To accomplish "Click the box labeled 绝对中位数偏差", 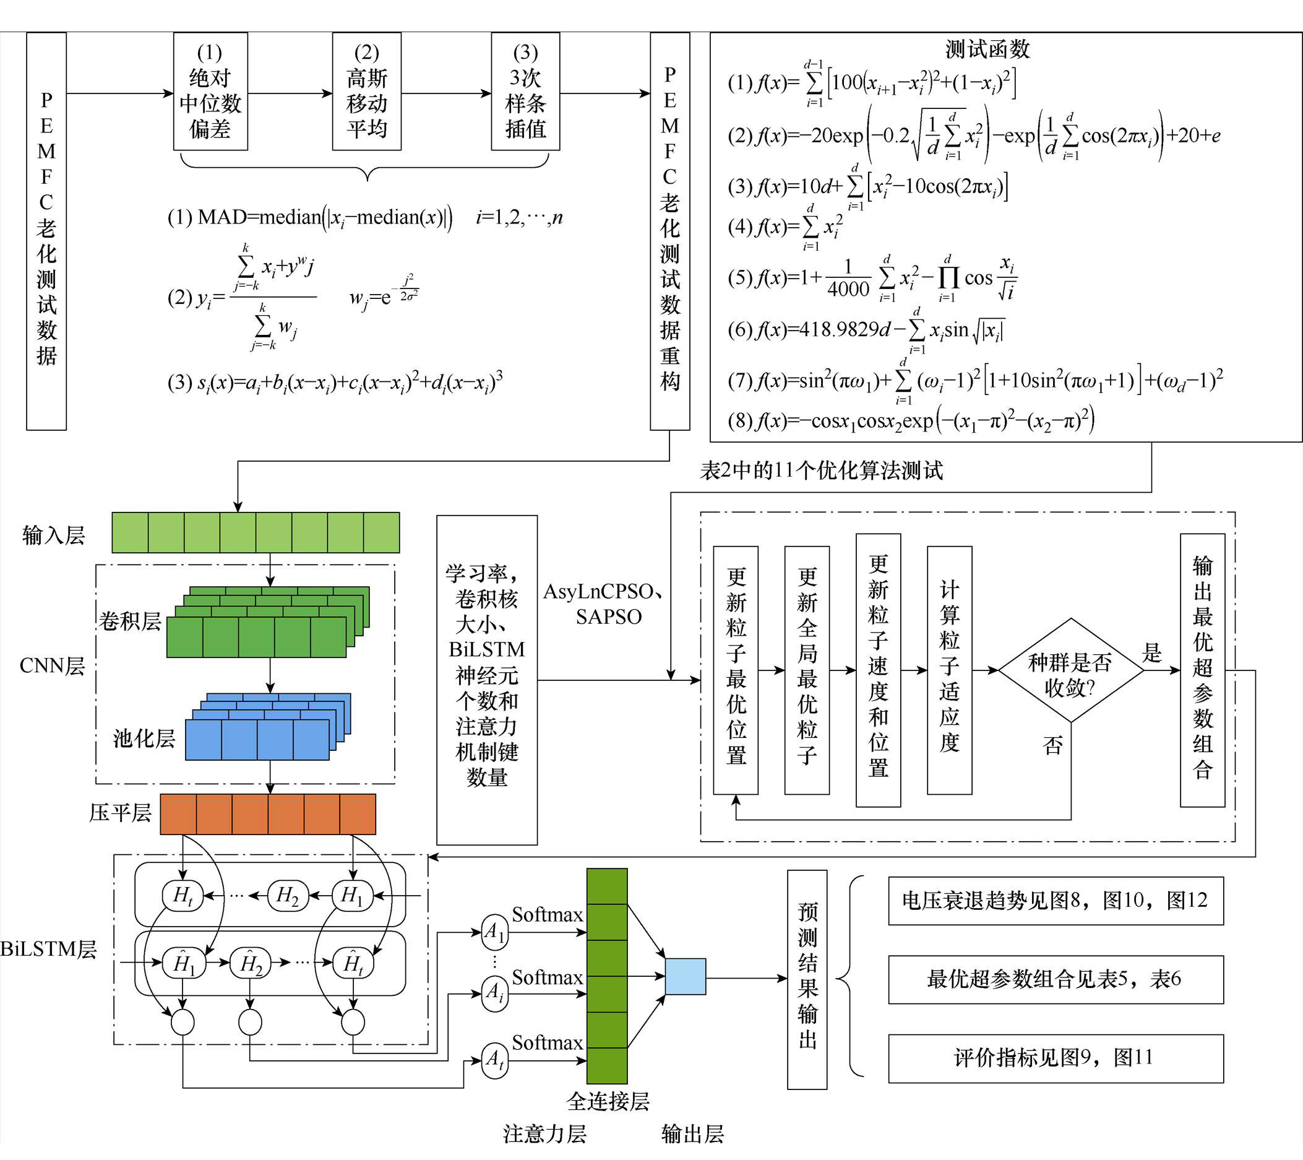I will pyautogui.click(x=210, y=91).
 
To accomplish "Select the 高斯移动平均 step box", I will pyautogui.click(x=366, y=91).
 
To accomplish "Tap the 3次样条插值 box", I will pyautogui.click(x=525, y=91).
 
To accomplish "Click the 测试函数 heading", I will pyautogui.click(x=987, y=49).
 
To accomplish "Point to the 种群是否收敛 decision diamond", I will pyautogui.click(x=1070, y=670).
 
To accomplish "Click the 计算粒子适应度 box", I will pyautogui.click(x=949, y=670).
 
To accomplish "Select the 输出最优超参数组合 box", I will pyautogui.click(x=1202, y=670).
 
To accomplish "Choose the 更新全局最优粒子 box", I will pyautogui.click(x=806, y=670).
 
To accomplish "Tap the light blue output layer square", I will pyautogui.click(x=686, y=976).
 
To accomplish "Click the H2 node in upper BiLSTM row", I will pyautogui.click(x=288, y=895).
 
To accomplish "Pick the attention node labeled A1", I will pyautogui.click(x=495, y=932).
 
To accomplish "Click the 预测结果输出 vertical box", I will pyautogui.click(x=807, y=979).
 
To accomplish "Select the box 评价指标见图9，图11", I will pyautogui.click(x=1056, y=1058).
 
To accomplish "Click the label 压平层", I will pyautogui.click(x=121, y=813).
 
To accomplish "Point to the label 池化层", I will pyautogui.click(x=144, y=738).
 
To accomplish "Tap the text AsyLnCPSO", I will pyautogui.click(x=598, y=592).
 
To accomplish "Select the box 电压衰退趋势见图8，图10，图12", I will pyautogui.click(x=1056, y=901).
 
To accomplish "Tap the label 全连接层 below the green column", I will pyautogui.click(x=608, y=1101).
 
